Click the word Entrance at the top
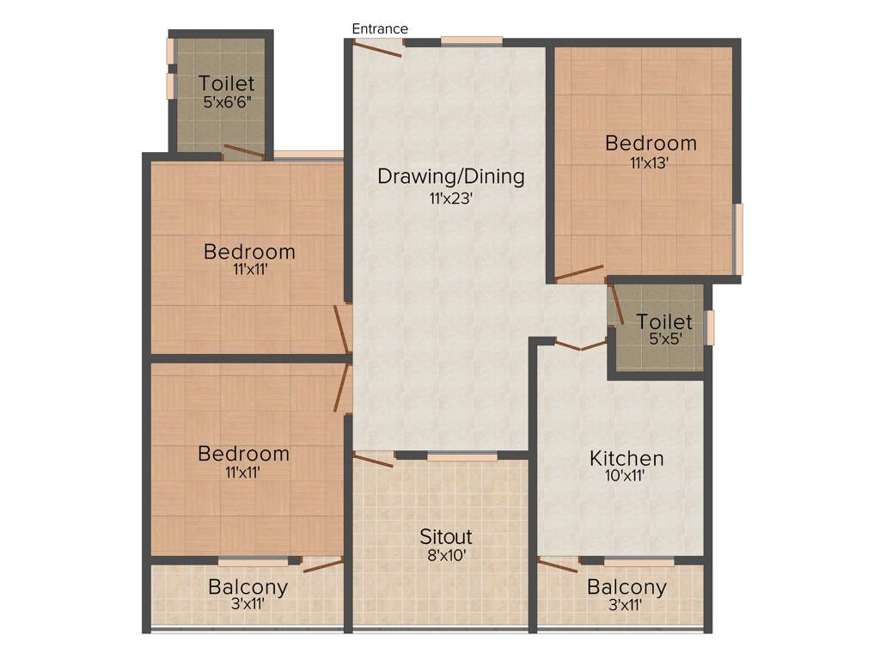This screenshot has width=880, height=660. (380, 29)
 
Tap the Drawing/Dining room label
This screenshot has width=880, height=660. (451, 177)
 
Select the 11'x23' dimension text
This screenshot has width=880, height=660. (451, 198)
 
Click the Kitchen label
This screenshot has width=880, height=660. (626, 458)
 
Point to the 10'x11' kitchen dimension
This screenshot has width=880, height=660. (626, 475)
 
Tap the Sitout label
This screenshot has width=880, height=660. (446, 537)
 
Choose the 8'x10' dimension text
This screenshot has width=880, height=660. (446, 555)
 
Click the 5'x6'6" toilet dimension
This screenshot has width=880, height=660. (227, 101)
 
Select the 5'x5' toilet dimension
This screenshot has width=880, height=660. (665, 339)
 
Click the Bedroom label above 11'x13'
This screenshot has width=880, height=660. (651, 142)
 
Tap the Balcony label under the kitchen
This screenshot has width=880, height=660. (626, 588)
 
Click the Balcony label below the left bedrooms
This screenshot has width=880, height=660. (247, 588)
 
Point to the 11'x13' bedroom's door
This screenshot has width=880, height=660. (580, 273)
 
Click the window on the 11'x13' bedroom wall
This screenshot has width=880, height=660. (738, 239)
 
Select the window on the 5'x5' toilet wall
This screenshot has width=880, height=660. (710, 327)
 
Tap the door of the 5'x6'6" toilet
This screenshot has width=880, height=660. (243, 152)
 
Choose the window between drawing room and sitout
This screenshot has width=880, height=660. (462, 456)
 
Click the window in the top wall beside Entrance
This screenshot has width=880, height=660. (472, 40)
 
